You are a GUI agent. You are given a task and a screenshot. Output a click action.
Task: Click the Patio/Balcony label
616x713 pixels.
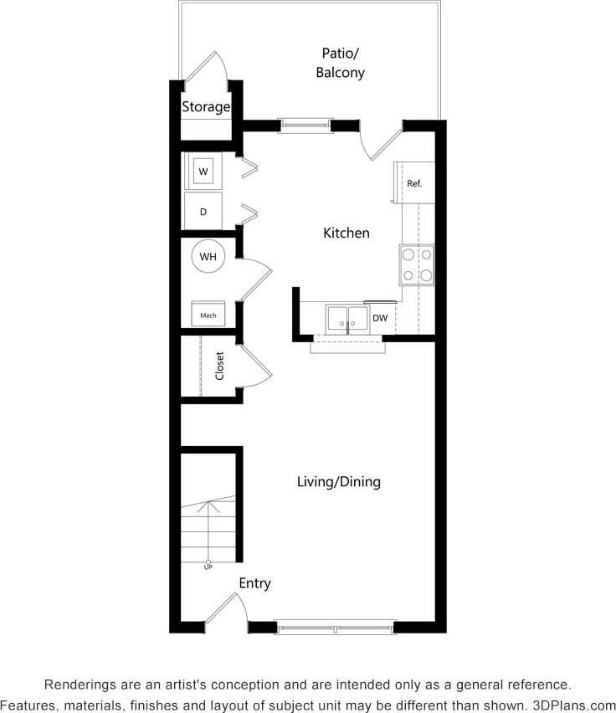coord(340,64)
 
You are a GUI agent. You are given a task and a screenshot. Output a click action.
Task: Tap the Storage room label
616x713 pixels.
coord(206,107)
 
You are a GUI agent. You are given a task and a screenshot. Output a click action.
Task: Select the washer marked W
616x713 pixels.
coord(203,172)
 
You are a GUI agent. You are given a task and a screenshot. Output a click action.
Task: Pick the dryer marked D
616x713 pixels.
coord(203,212)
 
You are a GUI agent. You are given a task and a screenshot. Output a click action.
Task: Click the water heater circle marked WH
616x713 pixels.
coord(208,257)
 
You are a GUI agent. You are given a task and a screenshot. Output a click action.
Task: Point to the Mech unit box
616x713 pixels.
coord(208,314)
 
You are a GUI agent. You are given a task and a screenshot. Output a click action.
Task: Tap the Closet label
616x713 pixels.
coord(220,366)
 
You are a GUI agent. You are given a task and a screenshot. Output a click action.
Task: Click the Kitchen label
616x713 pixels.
coord(346,233)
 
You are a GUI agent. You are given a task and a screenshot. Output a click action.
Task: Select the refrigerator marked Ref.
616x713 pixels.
coord(414,183)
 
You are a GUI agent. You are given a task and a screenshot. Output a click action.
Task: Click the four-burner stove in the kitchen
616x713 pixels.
coord(417,264)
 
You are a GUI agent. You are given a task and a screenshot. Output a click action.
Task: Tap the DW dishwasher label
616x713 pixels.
coord(380,318)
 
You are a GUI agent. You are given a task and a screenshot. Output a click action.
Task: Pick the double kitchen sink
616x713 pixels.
coord(347,319)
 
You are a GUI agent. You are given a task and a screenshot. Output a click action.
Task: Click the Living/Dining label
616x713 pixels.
coord(339,482)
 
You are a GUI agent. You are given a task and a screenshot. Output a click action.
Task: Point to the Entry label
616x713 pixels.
coord(254,583)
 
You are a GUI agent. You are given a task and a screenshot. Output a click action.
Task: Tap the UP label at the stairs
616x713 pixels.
coord(208,567)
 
